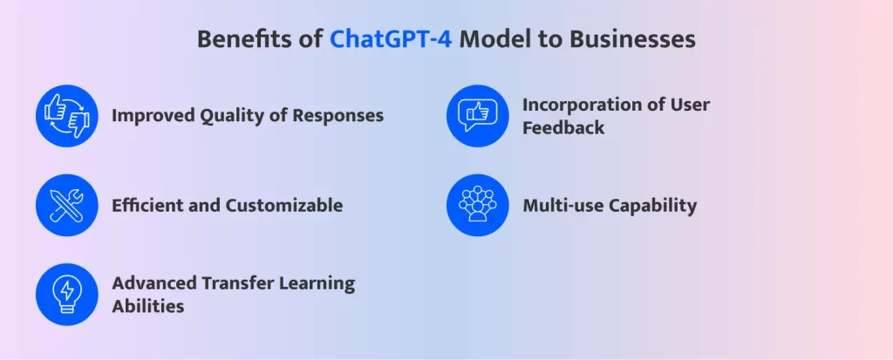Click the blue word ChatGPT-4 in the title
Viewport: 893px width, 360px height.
[x=392, y=40]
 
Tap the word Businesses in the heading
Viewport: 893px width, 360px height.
[x=632, y=40]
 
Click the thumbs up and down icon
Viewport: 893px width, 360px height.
[x=66, y=116]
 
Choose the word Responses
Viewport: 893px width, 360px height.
[x=337, y=116]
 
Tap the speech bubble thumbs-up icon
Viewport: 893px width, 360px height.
[x=477, y=116]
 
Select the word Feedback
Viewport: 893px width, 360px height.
[x=563, y=127]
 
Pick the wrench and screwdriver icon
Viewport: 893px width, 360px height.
[x=66, y=205]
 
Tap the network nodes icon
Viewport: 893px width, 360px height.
[x=477, y=205]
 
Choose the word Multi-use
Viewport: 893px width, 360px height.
[x=562, y=205]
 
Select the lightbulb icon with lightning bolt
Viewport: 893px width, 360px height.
[x=66, y=295]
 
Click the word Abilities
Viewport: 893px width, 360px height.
[x=148, y=306]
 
